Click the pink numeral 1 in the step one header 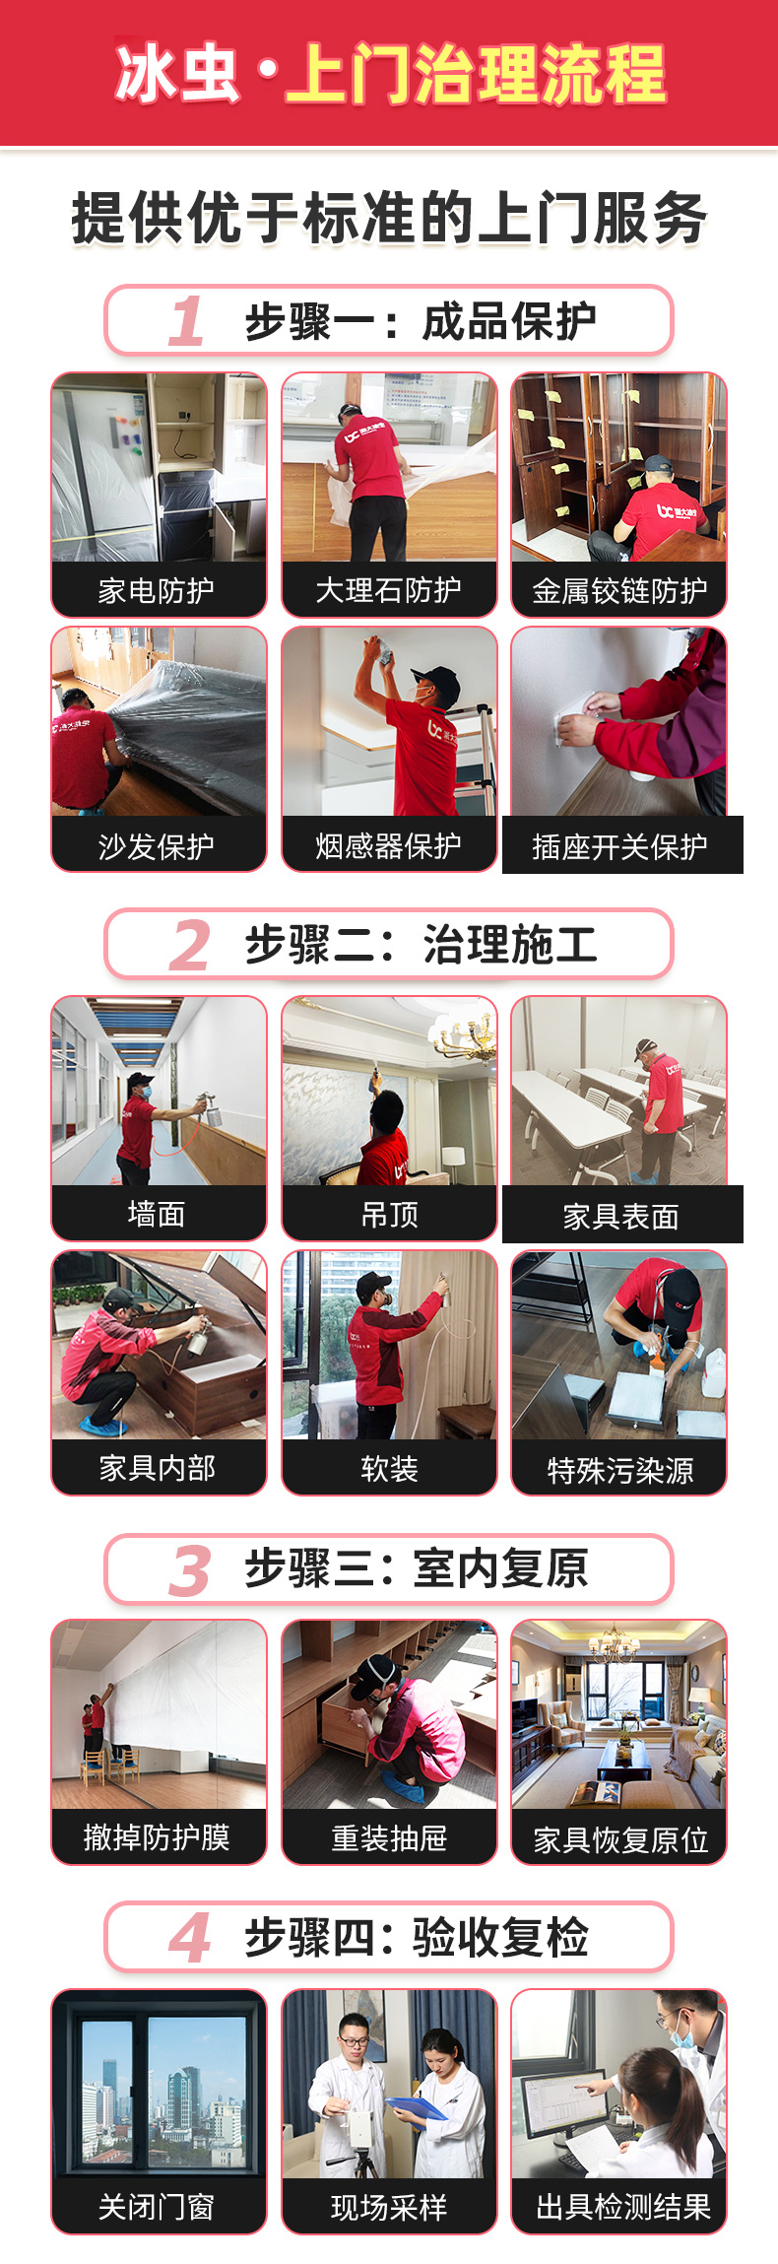tap(187, 321)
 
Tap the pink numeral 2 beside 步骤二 tap(189, 945)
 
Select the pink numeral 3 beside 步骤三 tap(189, 1570)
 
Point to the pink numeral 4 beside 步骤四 tap(189, 1938)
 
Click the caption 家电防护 tap(157, 591)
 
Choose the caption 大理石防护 tap(389, 590)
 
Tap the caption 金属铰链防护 tap(619, 591)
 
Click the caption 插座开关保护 tap(620, 847)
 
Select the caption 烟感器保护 tap(389, 845)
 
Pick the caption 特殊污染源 tap(620, 1471)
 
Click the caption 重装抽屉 tap(389, 1838)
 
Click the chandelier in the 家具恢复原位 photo tap(614, 1643)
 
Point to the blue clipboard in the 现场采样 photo tap(418, 2107)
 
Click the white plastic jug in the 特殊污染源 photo tap(712, 1372)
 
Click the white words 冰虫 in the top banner tap(177, 73)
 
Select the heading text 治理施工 tap(510, 945)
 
